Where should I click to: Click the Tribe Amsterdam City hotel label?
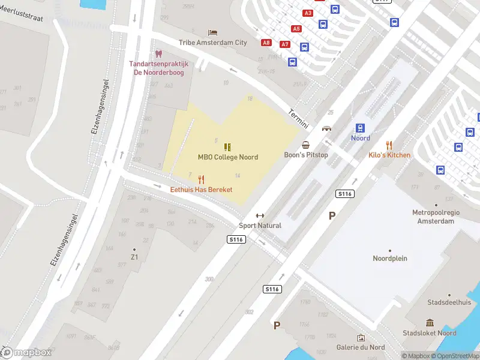click(x=212, y=43)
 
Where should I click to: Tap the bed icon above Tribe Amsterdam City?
click(x=212, y=32)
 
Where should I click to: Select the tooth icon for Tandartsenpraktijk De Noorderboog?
click(x=159, y=54)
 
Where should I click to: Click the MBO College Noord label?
click(x=228, y=157)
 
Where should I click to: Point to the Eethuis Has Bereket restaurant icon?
click(x=201, y=179)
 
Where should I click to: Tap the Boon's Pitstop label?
click(x=306, y=155)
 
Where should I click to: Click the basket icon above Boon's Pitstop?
click(x=306, y=145)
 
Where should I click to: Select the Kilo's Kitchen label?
click(x=389, y=155)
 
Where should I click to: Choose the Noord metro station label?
click(x=361, y=138)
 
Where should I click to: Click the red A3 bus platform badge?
click(x=308, y=13)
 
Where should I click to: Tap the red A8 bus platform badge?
click(x=266, y=43)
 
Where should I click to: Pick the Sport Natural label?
click(x=260, y=226)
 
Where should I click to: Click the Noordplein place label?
click(x=390, y=259)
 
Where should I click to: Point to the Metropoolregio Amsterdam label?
click(x=433, y=217)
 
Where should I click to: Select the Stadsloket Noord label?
click(x=430, y=333)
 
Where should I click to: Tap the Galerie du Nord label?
click(x=361, y=347)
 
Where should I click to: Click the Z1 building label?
click(x=134, y=257)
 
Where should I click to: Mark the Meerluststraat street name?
click(x=22, y=18)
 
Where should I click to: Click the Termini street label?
click(x=298, y=118)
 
